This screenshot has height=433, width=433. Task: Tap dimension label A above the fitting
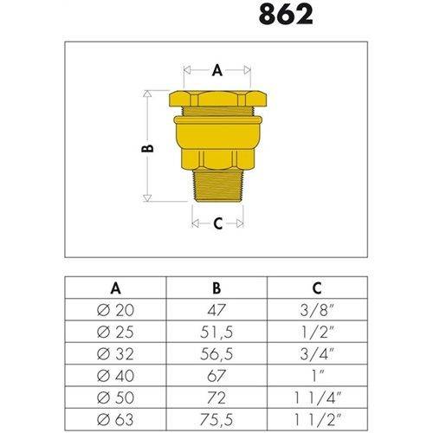pos(216,70)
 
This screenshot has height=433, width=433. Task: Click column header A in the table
pos(115,288)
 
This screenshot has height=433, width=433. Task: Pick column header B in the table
pos(216,288)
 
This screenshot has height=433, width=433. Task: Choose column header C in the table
pos(316,288)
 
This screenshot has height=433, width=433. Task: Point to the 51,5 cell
pos(216,332)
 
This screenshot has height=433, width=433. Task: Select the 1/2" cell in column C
pos(316,332)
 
